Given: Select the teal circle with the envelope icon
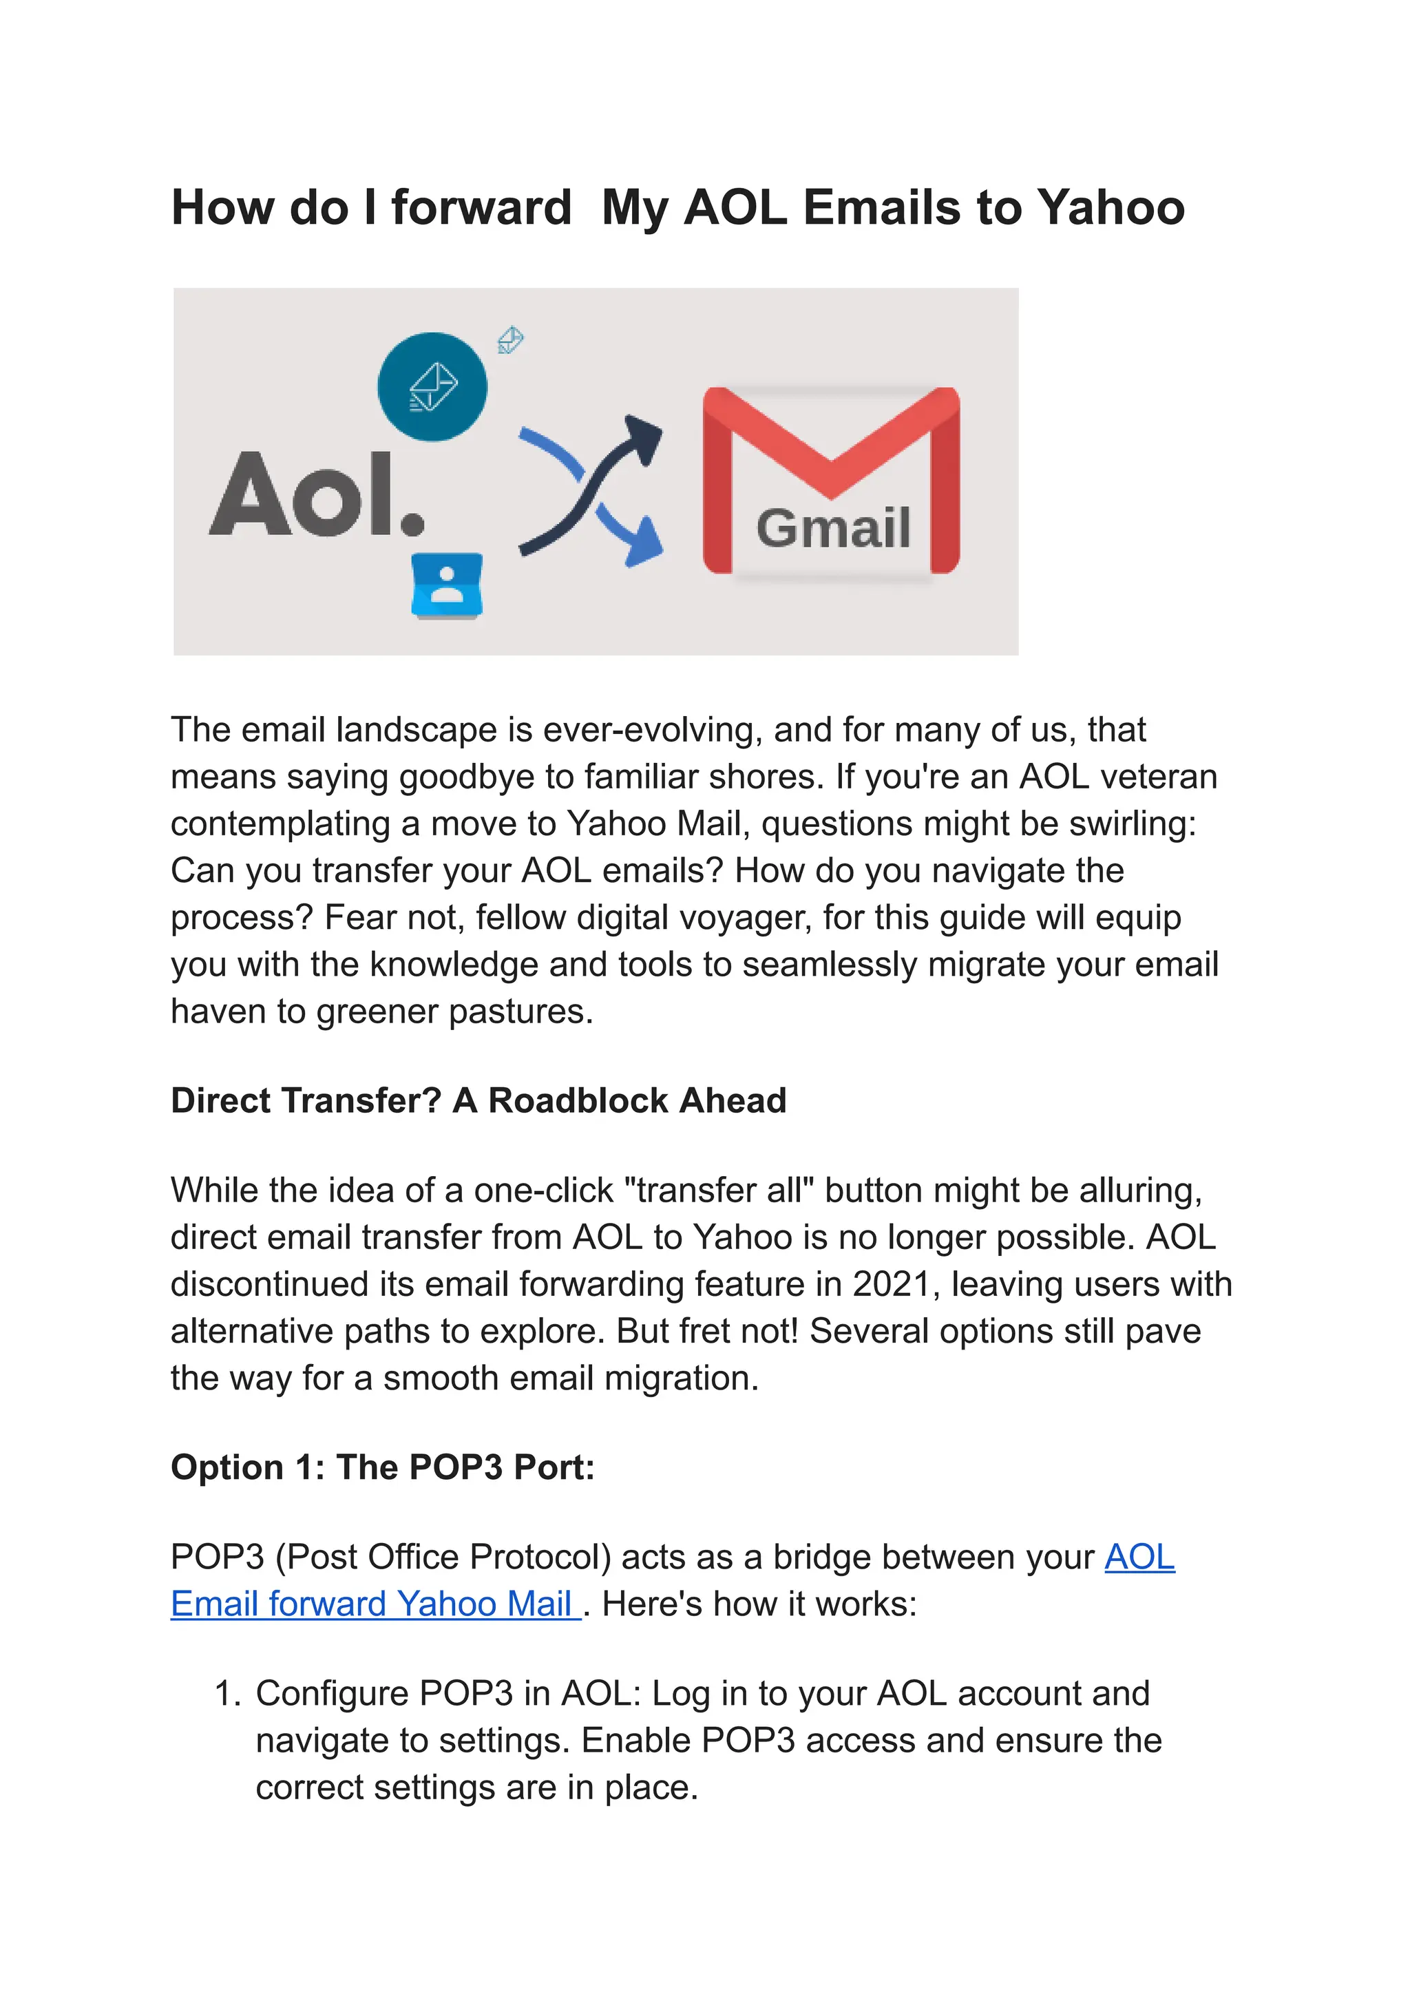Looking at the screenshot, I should pos(432,386).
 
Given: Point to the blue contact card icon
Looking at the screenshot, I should pos(447,585).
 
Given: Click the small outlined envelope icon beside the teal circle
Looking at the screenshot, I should pos(511,339).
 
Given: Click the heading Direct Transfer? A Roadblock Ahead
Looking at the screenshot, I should pos(478,1100).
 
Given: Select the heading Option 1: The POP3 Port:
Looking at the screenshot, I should pos(383,1467).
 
